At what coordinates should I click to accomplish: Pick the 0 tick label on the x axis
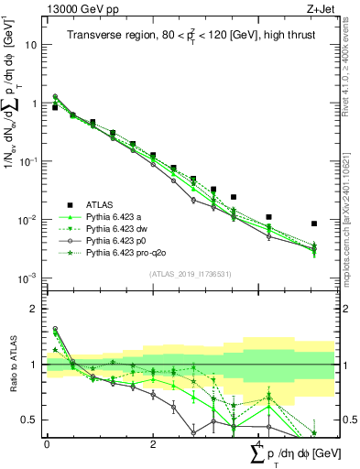pos(47,444)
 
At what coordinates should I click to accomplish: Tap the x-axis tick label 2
pos(153,444)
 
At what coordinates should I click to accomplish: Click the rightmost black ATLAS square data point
pos(314,224)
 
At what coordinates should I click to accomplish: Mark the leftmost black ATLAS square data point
pos(55,107)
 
